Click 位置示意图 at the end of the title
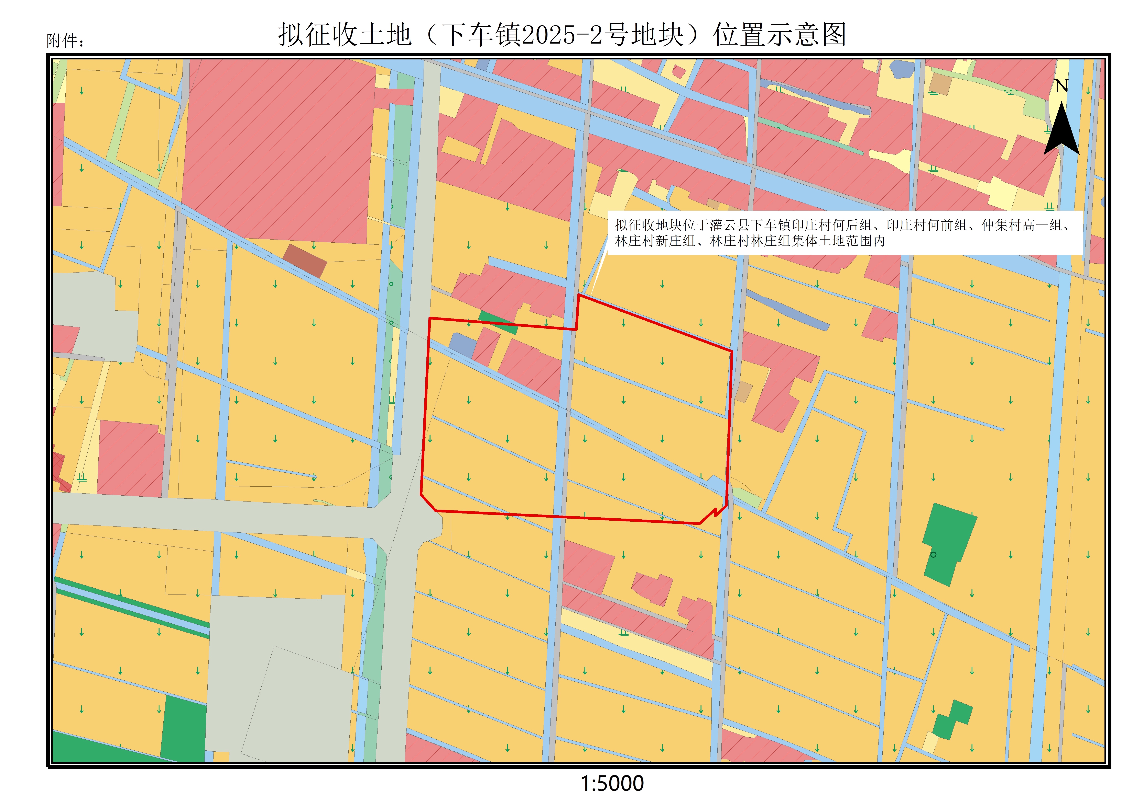pos(780,35)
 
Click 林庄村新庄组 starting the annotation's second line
pos(655,241)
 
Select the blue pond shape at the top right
pos(902,70)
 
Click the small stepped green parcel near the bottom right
pos(952,719)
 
